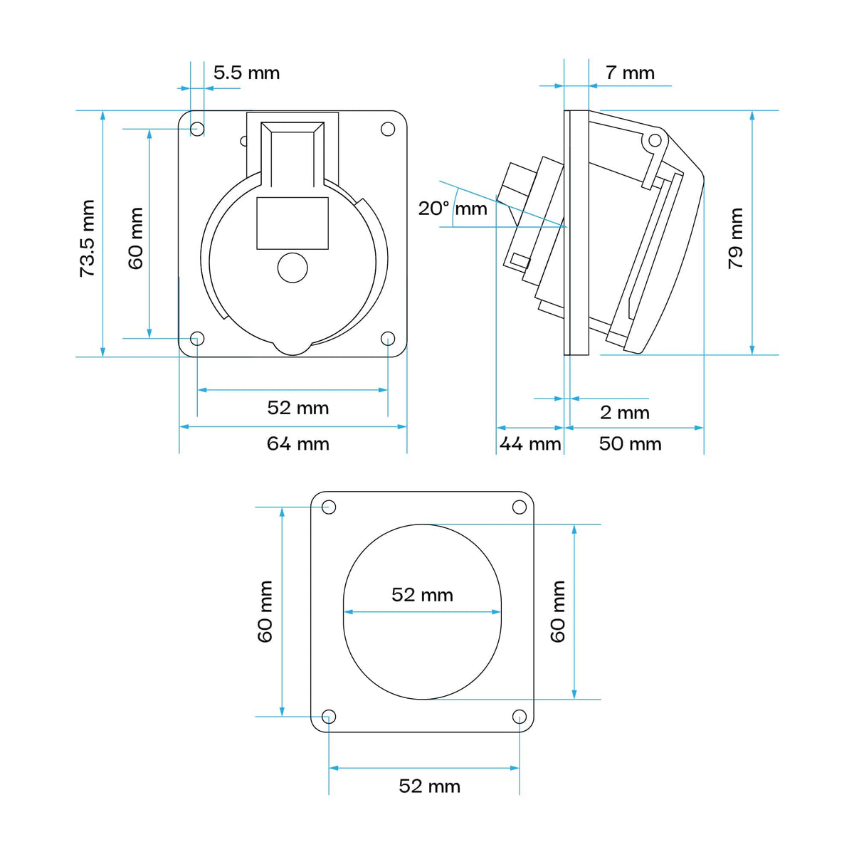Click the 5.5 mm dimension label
point(246,73)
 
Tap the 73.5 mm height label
point(88,238)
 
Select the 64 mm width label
point(297,443)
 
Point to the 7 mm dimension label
point(630,73)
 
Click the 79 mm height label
point(735,238)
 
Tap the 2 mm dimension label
point(625,413)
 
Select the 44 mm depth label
point(530,443)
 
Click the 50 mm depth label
point(631,443)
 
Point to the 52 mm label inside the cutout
point(422,595)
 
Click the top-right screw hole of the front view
point(388,129)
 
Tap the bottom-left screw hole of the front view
point(197,339)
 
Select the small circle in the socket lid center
point(292,268)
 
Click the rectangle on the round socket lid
point(292,223)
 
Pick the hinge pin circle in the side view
point(655,141)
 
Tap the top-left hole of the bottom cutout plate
point(328,507)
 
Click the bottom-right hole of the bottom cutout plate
point(519,717)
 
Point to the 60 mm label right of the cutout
point(557,611)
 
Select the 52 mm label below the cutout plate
point(429,786)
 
